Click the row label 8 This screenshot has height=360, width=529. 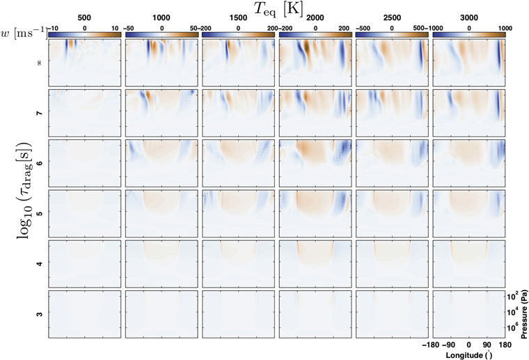[38, 63]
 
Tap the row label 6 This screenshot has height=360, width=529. [38, 163]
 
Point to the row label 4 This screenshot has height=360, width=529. [38, 264]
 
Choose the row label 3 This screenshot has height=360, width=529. [38, 315]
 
